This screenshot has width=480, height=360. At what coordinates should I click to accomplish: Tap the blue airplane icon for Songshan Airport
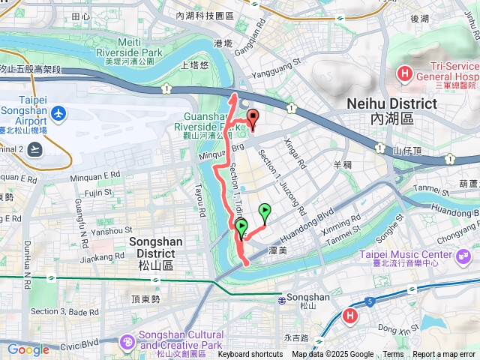[x=60, y=115]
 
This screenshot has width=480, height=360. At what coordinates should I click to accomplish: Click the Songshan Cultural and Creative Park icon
[x=127, y=341]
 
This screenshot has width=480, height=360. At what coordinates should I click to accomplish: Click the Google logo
[x=28, y=349]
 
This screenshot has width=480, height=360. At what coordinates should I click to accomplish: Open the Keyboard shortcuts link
[x=250, y=355]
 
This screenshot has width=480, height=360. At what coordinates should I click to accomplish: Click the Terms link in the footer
[x=393, y=355]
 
